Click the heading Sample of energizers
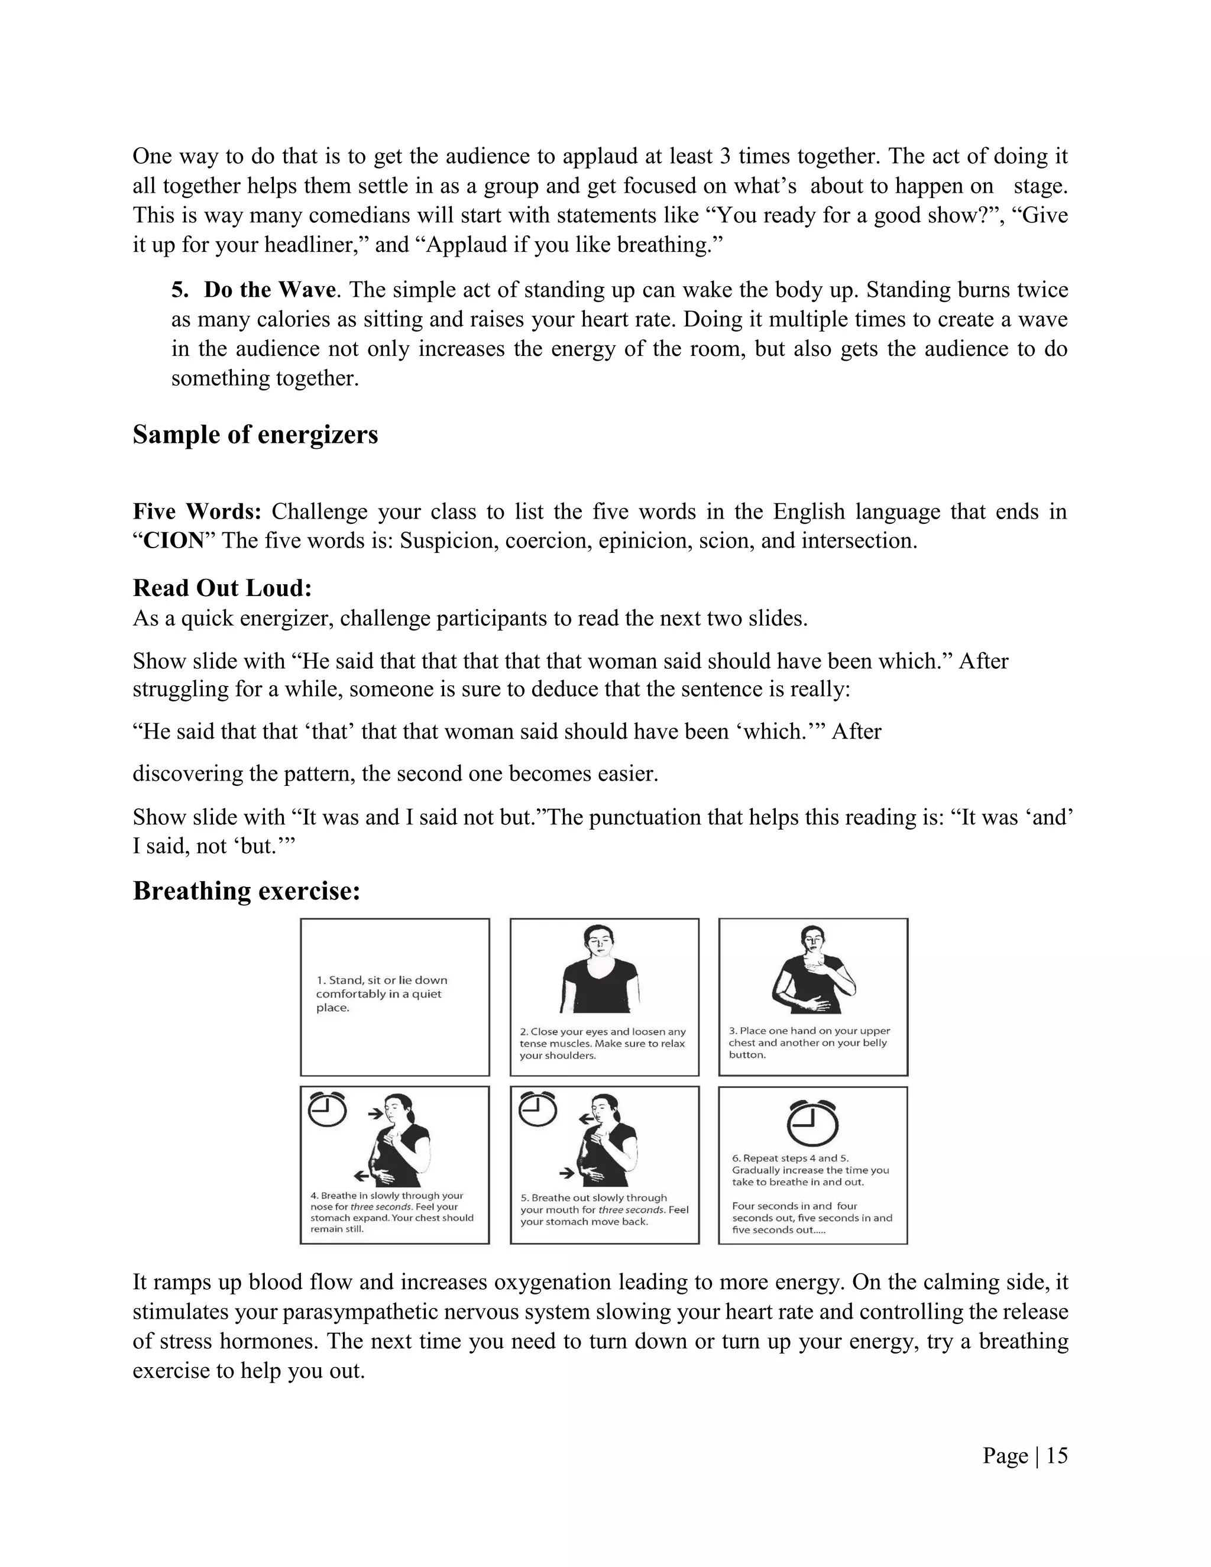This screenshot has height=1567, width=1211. tap(255, 435)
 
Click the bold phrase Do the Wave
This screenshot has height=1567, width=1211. tap(269, 290)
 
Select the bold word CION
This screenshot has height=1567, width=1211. tap(174, 541)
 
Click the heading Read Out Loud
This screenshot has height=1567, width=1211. tap(222, 588)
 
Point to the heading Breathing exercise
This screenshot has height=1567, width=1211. tap(246, 891)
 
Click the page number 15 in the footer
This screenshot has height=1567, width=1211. tap(1057, 1456)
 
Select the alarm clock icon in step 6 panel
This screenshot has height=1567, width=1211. tap(812, 1124)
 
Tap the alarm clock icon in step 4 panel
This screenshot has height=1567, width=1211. tap(326, 1111)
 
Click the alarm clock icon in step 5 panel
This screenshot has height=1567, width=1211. tap(537, 1110)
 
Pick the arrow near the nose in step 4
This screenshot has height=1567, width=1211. tap(375, 1114)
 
